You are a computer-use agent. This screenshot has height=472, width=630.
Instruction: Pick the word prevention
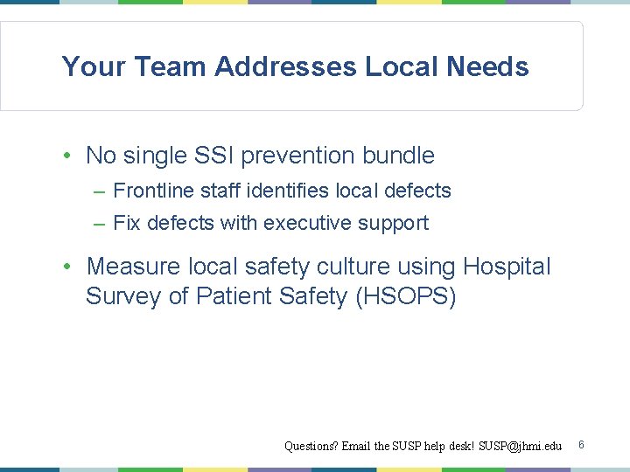(293, 156)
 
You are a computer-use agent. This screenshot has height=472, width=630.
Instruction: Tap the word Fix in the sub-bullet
(127, 223)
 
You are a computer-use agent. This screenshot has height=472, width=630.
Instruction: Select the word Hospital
(507, 266)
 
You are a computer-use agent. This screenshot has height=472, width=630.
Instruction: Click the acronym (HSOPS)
(406, 296)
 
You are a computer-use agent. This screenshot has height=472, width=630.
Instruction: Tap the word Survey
(122, 296)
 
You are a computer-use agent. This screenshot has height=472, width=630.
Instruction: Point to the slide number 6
(581, 445)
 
